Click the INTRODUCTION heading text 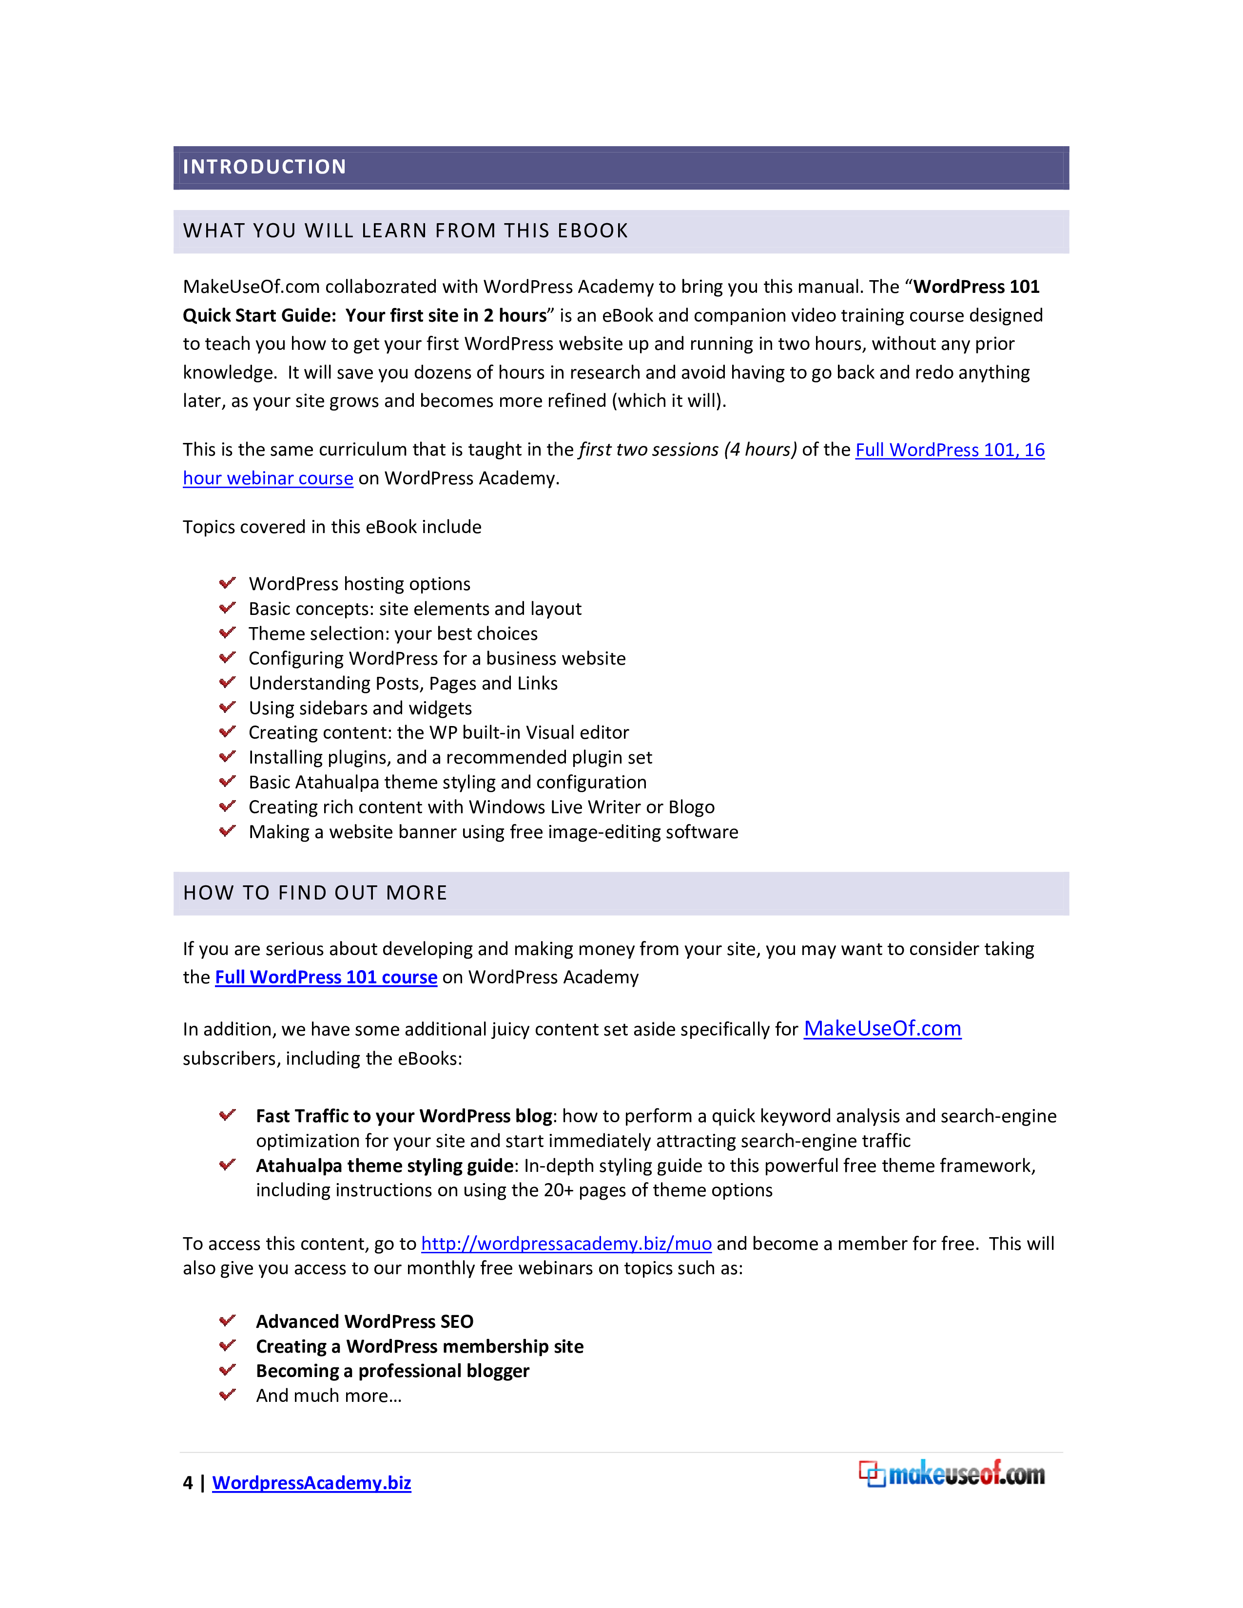click(x=264, y=167)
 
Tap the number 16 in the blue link click(x=1034, y=450)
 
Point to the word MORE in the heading click(x=416, y=893)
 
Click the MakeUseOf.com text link click(x=882, y=1029)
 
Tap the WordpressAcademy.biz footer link click(x=311, y=1483)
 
